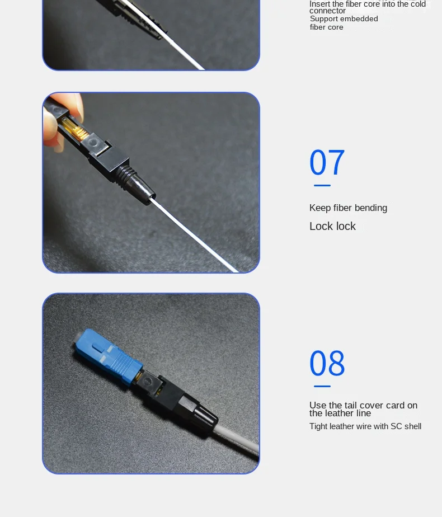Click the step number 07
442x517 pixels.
[327, 163]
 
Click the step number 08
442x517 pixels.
[327, 364]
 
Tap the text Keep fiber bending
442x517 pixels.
[348, 208]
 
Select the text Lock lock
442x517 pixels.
[332, 227]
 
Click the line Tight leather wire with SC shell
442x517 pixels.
[365, 426]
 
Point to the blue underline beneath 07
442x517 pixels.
[322, 185]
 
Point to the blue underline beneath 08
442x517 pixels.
[322, 386]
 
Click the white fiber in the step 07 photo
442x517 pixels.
[196, 235]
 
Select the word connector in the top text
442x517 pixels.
[327, 11]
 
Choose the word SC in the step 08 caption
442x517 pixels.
[396, 426]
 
